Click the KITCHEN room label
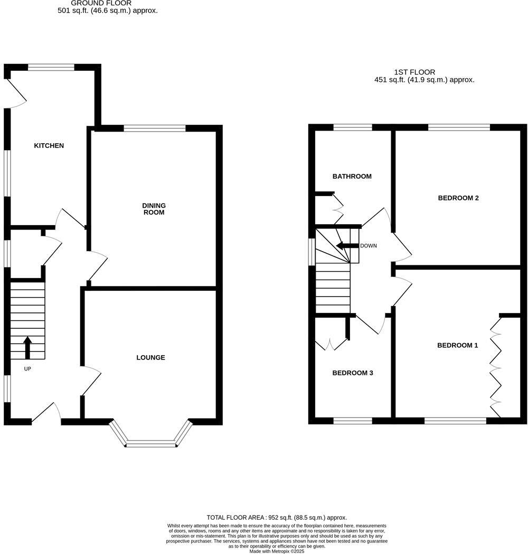[x=49, y=145]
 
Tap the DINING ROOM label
[x=154, y=209]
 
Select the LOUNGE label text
[x=150, y=357]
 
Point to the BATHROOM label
[x=352, y=176]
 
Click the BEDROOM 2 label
[x=458, y=198]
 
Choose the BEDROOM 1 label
[x=457, y=345]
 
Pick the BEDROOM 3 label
[x=352, y=373]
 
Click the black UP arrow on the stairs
[x=27, y=347]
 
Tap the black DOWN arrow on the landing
[x=347, y=246]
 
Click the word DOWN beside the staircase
[x=368, y=246]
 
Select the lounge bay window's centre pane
[x=150, y=444]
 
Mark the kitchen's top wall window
[x=51, y=67]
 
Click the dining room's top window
[x=155, y=128]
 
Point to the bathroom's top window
[x=352, y=127]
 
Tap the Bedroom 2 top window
[x=458, y=127]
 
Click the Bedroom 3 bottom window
[x=352, y=421]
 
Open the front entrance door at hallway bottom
[x=48, y=412]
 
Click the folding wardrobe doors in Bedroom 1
[x=495, y=367]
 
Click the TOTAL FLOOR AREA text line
[x=276, y=518]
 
